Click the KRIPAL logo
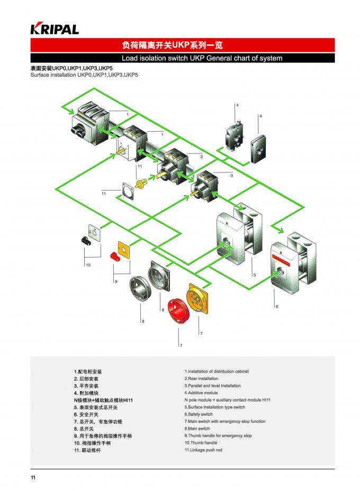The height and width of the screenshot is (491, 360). pos(55,29)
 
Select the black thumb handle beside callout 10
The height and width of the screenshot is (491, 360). pos(85,240)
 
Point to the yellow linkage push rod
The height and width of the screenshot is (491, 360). pos(141,184)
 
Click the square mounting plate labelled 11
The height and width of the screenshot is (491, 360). pos(127,191)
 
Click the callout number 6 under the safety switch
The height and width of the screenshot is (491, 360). pos(276,306)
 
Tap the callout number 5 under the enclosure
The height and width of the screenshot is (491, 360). pos(254,276)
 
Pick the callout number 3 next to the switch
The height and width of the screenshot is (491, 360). pos(231,175)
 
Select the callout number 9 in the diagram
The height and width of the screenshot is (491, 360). pos(115,281)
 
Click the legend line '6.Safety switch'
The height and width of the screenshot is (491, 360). pos(199,414)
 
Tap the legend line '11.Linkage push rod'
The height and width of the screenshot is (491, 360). pos(203,450)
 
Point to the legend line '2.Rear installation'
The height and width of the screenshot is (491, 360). pos(201,379)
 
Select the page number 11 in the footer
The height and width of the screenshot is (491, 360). pos(33,478)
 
